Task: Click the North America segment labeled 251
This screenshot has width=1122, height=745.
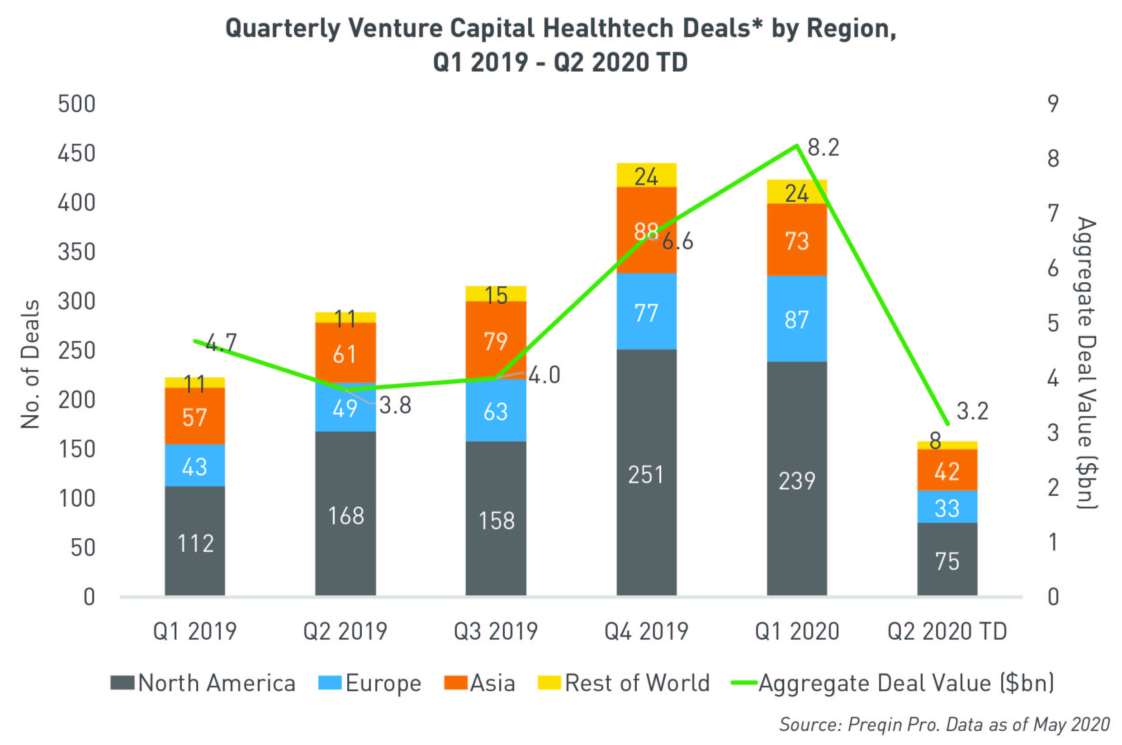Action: coord(646,474)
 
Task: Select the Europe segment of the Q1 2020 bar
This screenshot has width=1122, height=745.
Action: coord(796,319)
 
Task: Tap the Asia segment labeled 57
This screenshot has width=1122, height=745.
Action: coord(195,417)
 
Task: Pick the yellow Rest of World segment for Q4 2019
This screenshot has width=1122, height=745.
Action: coord(646,176)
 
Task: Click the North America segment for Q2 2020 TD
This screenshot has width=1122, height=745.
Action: coord(947,560)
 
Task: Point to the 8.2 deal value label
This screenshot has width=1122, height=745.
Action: coord(823,148)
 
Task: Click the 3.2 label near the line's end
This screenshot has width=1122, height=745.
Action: coord(972,411)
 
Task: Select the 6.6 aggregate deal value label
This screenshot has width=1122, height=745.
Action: coord(678,242)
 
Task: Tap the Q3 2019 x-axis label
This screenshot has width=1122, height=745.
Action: coord(496,631)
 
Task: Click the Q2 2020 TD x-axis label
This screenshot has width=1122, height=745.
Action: coord(947,631)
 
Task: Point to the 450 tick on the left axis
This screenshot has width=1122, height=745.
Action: coord(76,153)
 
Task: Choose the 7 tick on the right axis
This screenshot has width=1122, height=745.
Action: coord(1053,214)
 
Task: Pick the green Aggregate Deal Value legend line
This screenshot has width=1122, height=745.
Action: coord(744,683)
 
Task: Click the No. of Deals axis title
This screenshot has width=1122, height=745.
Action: coord(30,364)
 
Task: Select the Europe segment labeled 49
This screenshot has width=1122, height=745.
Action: coord(346,408)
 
